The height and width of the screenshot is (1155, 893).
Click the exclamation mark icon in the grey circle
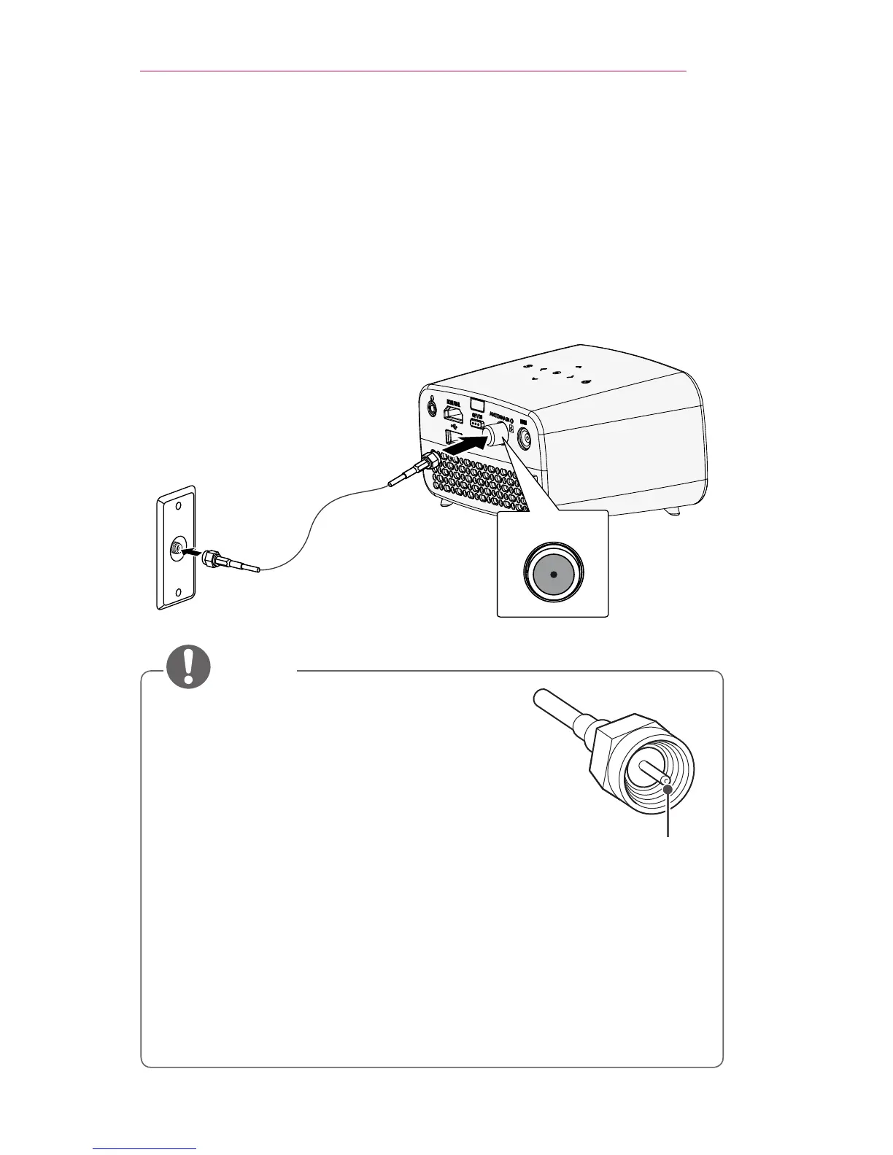(188, 668)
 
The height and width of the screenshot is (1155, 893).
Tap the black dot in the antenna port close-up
(554, 575)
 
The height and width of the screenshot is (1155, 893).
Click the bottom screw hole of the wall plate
(176, 592)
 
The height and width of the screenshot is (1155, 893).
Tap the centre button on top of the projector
(557, 373)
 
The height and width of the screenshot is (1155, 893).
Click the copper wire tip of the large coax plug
(667, 782)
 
